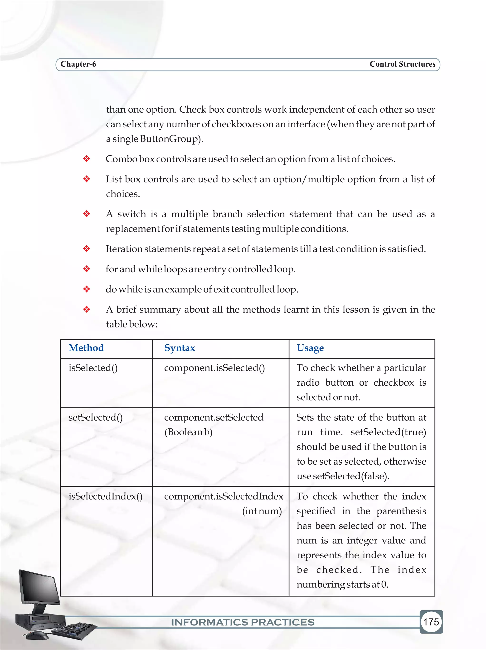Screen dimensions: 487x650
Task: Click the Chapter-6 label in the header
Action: (78, 64)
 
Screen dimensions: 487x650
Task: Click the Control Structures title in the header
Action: (402, 64)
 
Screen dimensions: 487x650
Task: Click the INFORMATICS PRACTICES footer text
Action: (243, 622)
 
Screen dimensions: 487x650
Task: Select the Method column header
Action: (86, 348)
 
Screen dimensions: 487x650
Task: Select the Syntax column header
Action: (179, 348)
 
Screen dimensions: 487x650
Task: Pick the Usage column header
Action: (310, 348)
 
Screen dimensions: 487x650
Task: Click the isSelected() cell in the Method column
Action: (93, 368)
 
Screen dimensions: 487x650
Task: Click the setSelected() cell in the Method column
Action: (95, 417)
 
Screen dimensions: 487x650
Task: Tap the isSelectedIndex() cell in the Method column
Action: (105, 496)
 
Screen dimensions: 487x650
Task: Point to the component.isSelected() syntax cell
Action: (214, 368)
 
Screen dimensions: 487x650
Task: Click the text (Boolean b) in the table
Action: (188, 432)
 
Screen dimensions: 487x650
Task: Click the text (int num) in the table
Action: (262, 511)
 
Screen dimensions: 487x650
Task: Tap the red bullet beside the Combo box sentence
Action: (87, 159)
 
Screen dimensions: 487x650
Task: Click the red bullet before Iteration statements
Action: (87, 249)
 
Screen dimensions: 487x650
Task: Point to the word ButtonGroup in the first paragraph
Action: (170, 139)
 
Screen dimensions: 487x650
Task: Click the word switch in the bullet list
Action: (131, 214)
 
